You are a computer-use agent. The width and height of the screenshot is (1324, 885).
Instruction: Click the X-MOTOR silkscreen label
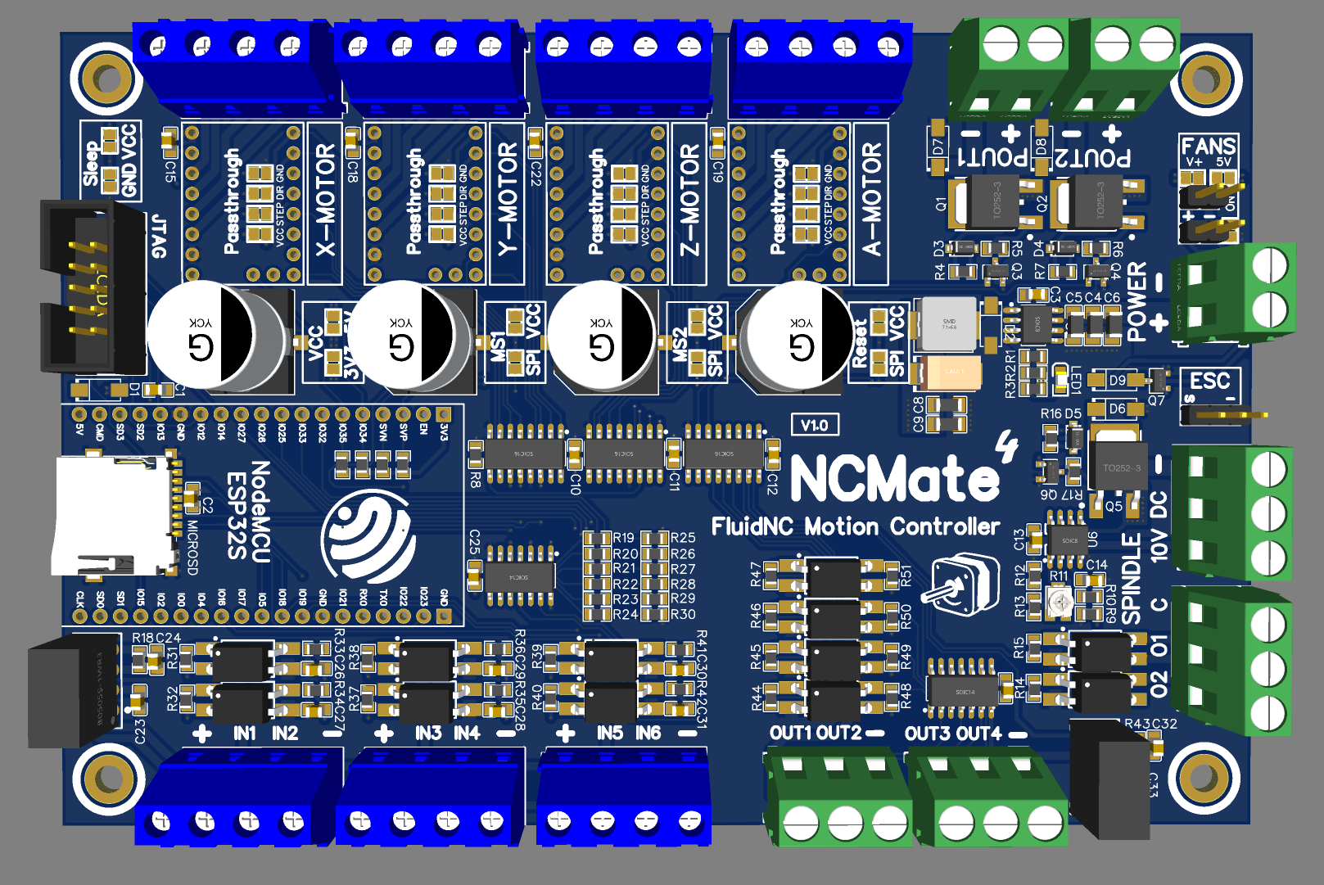(326, 201)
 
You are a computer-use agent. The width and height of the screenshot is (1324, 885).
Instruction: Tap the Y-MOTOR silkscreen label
(508, 201)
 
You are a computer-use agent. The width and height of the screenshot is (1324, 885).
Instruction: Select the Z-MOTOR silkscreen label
(690, 201)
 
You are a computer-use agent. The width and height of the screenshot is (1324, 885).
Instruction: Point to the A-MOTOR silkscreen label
(872, 201)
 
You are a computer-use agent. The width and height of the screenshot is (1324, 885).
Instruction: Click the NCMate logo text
(894, 478)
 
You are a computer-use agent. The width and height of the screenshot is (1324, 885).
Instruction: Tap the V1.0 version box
(815, 425)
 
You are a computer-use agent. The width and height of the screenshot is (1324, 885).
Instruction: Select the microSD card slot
(115, 516)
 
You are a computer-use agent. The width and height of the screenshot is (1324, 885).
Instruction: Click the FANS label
(1209, 147)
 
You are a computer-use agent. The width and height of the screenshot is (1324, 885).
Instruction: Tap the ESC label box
(1210, 382)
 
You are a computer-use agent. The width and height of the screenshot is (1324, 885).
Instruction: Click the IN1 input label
(244, 734)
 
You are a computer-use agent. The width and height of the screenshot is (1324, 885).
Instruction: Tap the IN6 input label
(648, 734)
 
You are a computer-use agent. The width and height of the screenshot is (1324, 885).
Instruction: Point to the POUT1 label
(992, 156)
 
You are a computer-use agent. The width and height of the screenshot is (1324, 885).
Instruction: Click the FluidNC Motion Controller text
(856, 526)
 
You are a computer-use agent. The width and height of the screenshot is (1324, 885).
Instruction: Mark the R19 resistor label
(624, 538)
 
